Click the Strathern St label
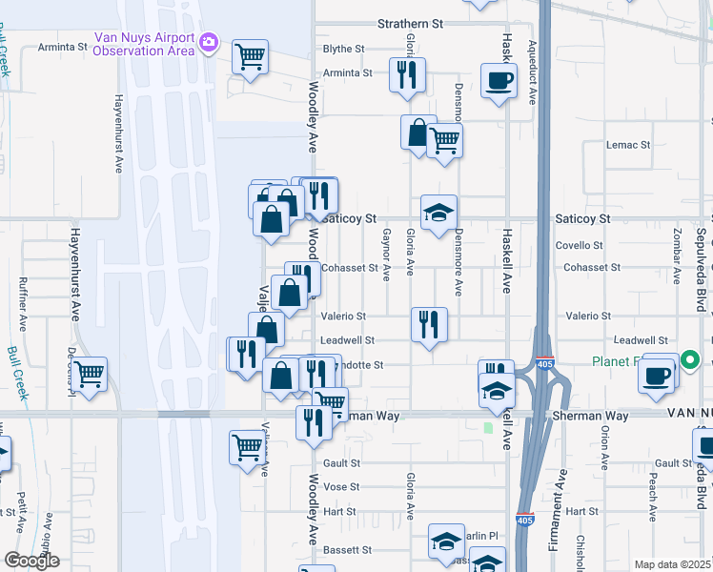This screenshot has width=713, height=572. (411, 22)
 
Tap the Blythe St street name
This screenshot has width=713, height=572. (344, 49)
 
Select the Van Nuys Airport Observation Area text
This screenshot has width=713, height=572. (143, 45)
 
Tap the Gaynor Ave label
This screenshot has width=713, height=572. (386, 255)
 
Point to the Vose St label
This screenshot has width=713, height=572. (340, 487)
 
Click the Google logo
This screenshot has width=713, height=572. (31, 561)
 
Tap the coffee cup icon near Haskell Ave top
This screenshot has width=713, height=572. (499, 80)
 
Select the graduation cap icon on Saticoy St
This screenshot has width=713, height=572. (438, 213)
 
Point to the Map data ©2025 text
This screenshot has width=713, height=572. (673, 564)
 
